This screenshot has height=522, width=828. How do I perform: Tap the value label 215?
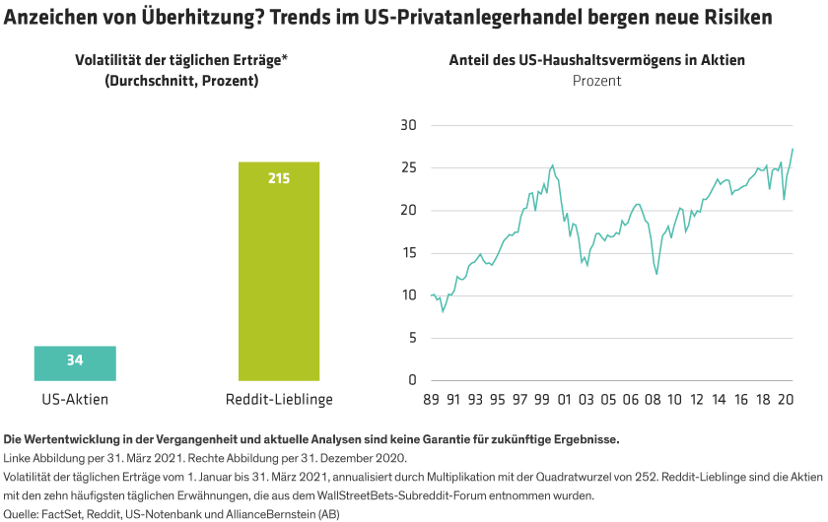279,178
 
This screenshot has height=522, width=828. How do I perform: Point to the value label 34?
75,360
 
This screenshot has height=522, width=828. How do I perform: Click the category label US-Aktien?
75,399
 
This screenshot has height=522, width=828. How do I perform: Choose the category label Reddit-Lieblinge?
279,399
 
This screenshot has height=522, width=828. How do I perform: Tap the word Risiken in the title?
735,18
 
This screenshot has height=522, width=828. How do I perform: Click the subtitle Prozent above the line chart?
597,81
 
